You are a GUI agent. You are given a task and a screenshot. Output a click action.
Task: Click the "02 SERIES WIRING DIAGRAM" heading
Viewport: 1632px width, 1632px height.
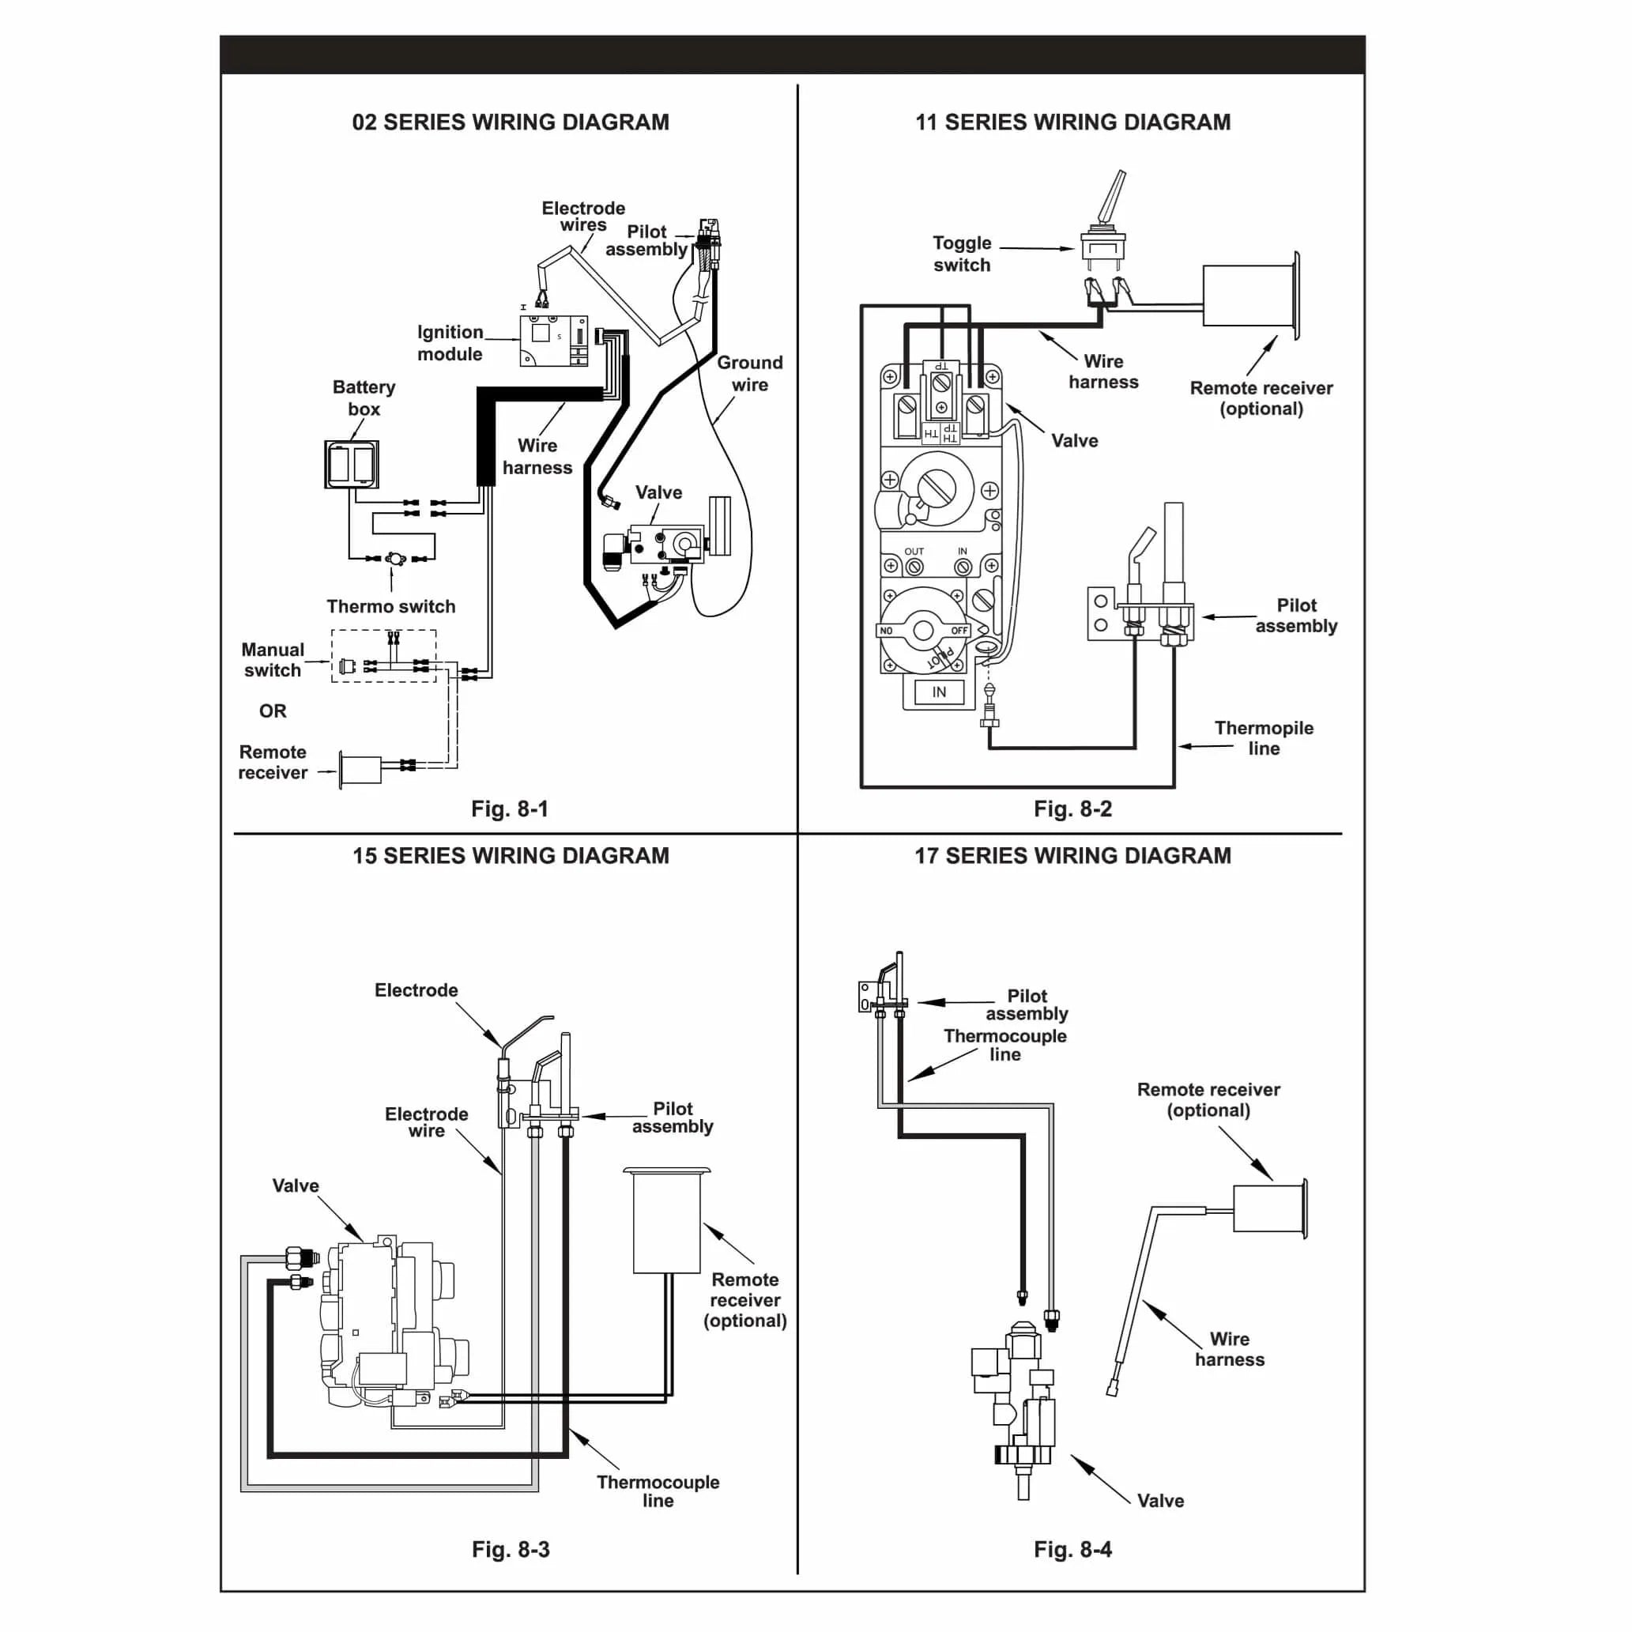(511, 122)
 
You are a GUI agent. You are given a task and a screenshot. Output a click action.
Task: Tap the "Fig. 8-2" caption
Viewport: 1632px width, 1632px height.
(1072, 808)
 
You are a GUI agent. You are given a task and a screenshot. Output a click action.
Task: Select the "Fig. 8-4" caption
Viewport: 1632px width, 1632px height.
(1072, 1549)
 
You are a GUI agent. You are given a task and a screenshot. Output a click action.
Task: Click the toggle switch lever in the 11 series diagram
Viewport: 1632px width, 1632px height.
(1112, 197)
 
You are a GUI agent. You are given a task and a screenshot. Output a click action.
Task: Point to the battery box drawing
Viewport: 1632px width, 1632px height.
(352, 464)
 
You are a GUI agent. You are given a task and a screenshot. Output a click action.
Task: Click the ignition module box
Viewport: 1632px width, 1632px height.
(553, 341)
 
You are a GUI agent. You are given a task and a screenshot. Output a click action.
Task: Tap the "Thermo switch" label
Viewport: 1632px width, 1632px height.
(391, 606)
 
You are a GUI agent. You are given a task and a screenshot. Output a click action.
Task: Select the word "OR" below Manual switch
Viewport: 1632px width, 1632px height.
(273, 711)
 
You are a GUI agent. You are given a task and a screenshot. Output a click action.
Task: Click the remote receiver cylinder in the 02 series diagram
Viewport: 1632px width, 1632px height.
(360, 770)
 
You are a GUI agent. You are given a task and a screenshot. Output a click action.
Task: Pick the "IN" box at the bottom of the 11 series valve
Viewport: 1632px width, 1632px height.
(940, 692)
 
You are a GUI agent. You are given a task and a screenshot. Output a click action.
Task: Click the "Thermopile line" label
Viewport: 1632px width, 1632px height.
(1264, 738)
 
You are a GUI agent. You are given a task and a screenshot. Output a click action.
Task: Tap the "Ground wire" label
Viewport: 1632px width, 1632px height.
(750, 373)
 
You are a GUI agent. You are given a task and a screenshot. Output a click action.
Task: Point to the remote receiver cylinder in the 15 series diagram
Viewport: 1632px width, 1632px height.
(667, 1220)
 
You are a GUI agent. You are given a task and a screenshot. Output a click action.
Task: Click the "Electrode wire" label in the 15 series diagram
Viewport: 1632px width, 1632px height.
(427, 1122)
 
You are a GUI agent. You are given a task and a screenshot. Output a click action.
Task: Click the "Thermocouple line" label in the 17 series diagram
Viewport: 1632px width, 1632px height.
(1005, 1045)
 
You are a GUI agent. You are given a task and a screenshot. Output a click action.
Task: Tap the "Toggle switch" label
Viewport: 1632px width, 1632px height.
(962, 254)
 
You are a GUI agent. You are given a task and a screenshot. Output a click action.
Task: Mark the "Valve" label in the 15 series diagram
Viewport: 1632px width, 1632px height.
(296, 1186)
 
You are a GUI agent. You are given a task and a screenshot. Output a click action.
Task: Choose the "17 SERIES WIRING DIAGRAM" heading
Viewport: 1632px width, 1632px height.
(1072, 856)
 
